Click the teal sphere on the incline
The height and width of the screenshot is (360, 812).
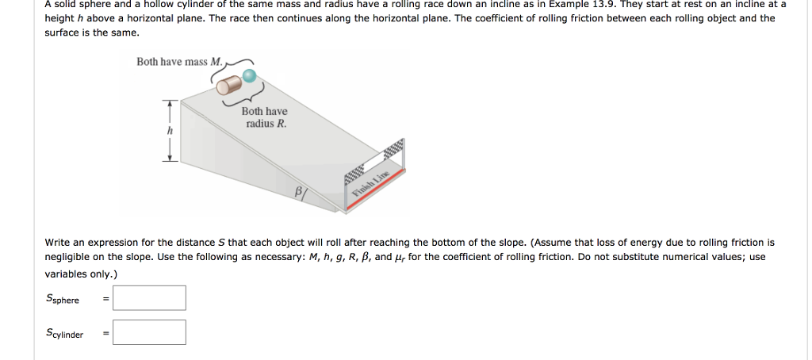tap(250, 76)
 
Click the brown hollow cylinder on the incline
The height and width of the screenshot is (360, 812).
tap(229, 84)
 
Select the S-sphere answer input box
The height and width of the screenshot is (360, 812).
tap(150, 298)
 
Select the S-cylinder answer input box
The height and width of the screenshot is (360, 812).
tap(150, 332)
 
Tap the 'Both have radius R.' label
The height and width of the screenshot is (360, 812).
tap(264, 117)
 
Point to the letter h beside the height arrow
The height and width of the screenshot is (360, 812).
tap(169, 132)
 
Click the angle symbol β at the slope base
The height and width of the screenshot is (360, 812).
tap(299, 191)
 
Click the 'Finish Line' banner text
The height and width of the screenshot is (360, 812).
tap(371, 182)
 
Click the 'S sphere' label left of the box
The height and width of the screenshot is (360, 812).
tap(63, 299)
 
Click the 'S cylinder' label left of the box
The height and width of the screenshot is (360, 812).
tap(65, 333)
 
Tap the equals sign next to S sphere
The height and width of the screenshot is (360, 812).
tap(105, 299)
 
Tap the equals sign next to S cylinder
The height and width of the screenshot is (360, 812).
tap(105, 334)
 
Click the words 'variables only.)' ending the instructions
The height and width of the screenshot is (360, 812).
tap(82, 274)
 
